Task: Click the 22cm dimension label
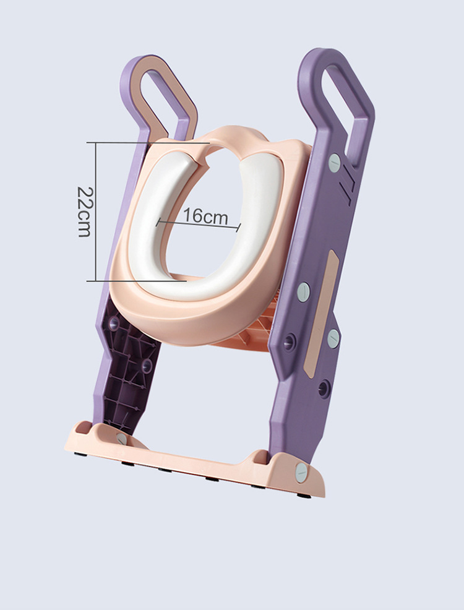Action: pyautogui.click(x=84, y=212)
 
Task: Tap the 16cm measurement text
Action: pyautogui.click(x=205, y=215)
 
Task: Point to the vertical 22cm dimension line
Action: pyautogui.click(x=96, y=212)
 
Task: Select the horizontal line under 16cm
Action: pyautogui.click(x=199, y=225)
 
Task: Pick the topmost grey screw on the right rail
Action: pyautogui.click(x=335, y=163)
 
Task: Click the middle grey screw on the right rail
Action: pyautogui.click(x=303, y=292)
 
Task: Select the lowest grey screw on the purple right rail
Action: pyautogui.click(x=333, y=338)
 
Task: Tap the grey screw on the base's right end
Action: pyautogui.click(x=301, y=473)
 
